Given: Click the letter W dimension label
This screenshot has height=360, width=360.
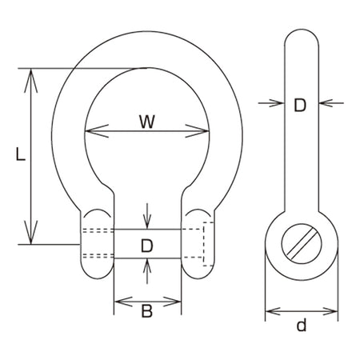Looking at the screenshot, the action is (147, 122).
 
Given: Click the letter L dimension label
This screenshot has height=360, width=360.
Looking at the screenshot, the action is (20, 154).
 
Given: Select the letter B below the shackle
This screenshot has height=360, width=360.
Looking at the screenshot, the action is (147, 311).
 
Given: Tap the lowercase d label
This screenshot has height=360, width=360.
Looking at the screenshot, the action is (302, 325).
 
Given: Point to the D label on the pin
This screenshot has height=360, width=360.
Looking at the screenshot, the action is (147, 246).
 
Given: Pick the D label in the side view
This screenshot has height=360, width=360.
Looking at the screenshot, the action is (300, 106).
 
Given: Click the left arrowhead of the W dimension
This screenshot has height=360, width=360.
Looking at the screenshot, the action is (97, 131).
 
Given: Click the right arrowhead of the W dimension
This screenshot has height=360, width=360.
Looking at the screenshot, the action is (198, 131).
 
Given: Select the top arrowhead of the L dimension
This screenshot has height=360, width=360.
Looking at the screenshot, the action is (31, 80).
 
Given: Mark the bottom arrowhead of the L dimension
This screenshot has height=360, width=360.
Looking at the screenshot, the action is (31, 233).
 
